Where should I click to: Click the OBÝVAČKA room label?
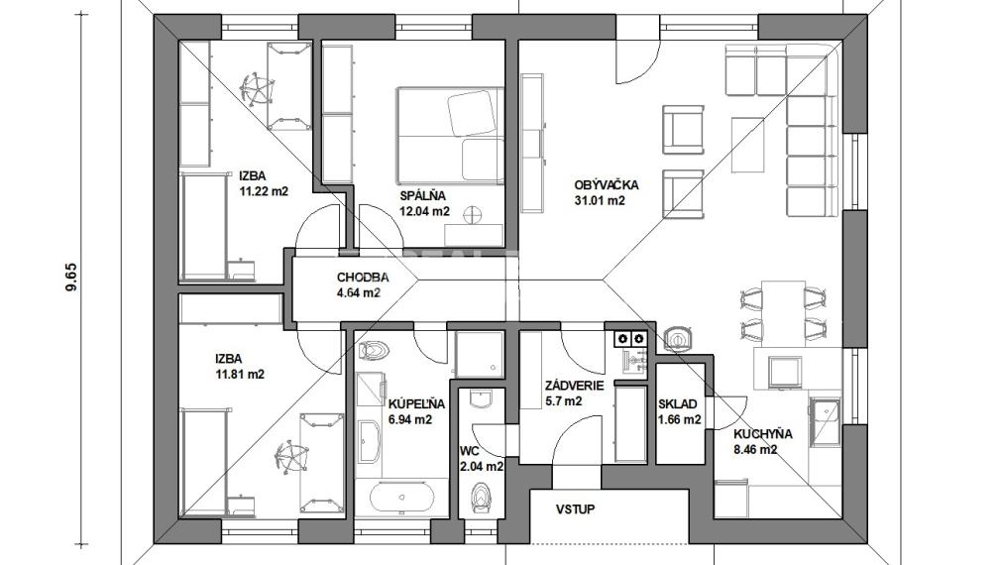(606, 185)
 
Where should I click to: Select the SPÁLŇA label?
(423, 196)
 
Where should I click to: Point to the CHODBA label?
(363, 278)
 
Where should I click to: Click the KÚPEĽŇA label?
(416, 404)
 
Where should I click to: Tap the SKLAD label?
(677, 404)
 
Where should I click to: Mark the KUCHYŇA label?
(762, 434)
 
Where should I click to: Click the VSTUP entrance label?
(575, 509)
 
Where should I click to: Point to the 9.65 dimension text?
(72, 278)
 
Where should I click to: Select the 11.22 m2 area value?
(264, 191)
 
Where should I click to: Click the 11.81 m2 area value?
(240, 375)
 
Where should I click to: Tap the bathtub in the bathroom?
(402, 497)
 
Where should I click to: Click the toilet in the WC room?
(480, 496)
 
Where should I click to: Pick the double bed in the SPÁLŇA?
(450, 135)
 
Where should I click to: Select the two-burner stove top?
(629, 338)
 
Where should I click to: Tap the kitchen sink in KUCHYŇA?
(825, 423)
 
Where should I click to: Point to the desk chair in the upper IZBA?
(257, 88)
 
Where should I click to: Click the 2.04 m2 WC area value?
(482, 467)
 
